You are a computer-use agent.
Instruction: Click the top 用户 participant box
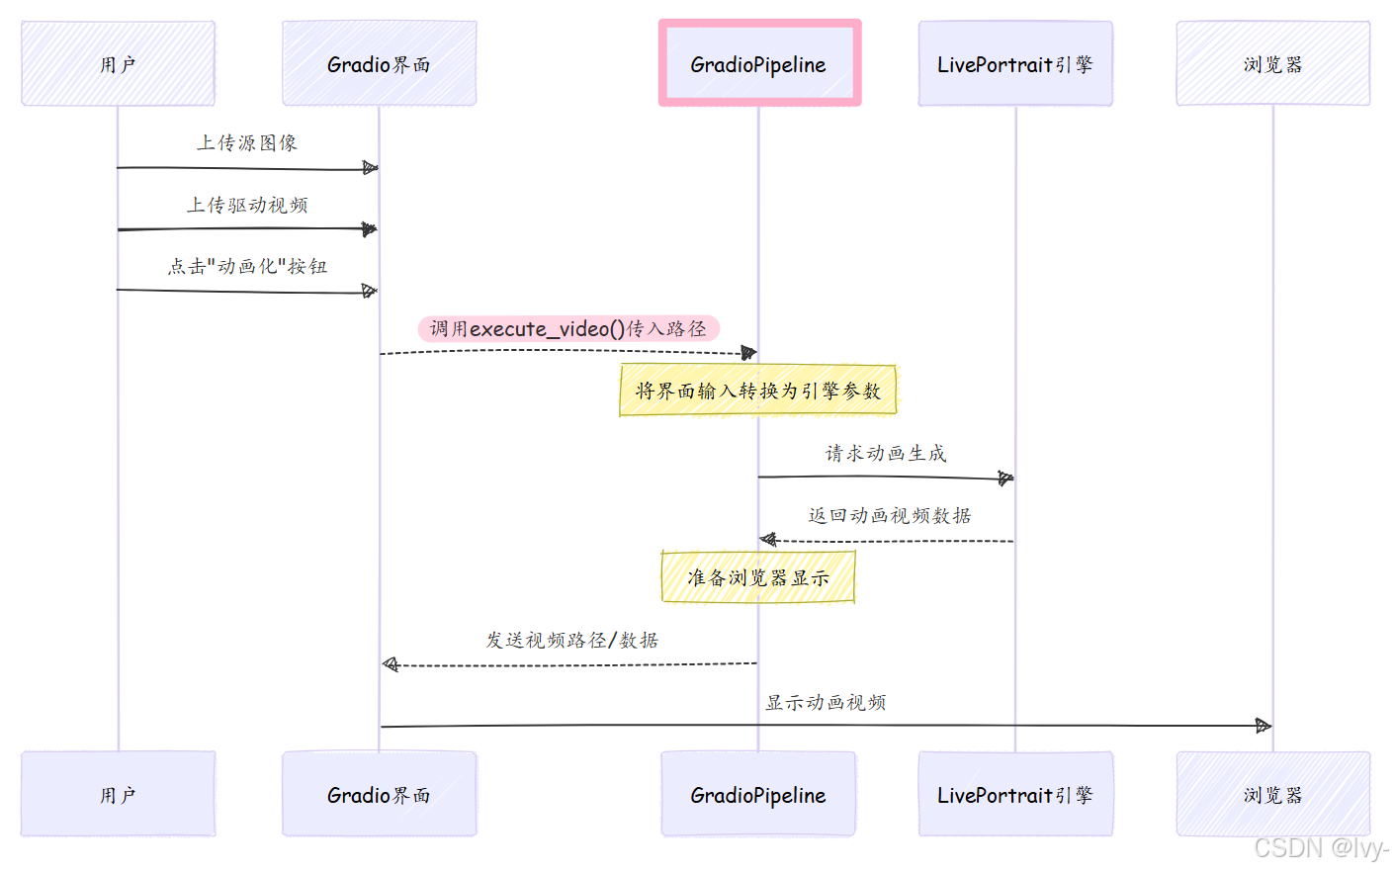[x=118, y=64]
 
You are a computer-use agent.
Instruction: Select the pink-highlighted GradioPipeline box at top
[x=759, y=63]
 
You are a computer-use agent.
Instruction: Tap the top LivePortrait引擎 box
[x=1015, y=64]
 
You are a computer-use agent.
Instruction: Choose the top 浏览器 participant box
[x=1272, y=64]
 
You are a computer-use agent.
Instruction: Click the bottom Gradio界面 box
[x=379, y=795]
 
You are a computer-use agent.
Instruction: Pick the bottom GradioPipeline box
[x=758, y=795]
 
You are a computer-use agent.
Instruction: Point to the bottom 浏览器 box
[x=1272, y=795]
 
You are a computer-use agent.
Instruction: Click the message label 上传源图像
[x=247, y=143]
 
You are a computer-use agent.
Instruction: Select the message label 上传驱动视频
[x=247, y=206]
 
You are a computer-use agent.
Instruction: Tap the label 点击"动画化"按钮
[x=247, y=267]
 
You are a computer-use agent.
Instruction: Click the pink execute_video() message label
[x=568, y=329]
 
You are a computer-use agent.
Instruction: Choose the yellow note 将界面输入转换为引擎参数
[x=758, y=391]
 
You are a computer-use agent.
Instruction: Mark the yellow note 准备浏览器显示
[x=758, y=577]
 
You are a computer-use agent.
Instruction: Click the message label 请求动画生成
[x=886, y=454]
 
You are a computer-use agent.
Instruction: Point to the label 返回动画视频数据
[x=890, y=516]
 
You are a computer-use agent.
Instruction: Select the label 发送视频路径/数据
[x=571, y=641]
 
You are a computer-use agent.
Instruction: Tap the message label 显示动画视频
[x=826, y=703]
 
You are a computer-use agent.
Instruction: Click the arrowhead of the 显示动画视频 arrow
[x=1263, y=726]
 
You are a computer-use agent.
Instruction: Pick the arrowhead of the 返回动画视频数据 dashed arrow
[x=768, y=540]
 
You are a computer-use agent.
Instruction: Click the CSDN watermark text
[x=1321, y=848]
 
